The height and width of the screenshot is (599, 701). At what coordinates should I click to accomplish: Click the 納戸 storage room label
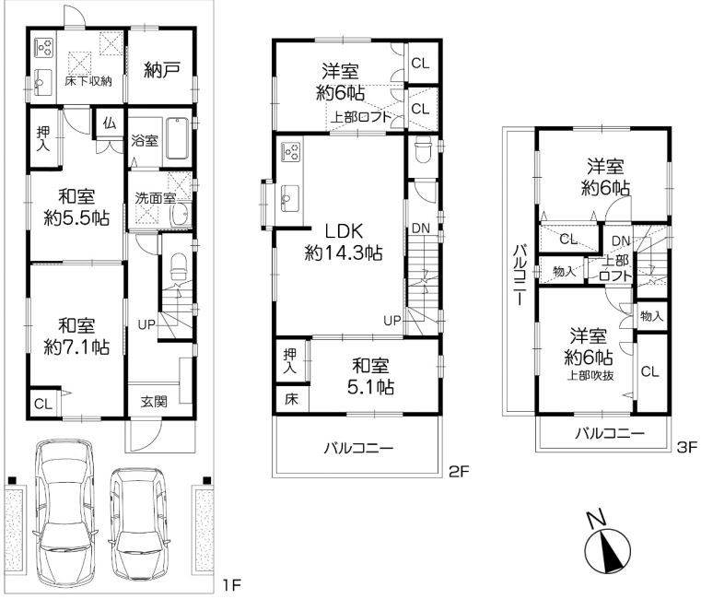click(x=162, y=70)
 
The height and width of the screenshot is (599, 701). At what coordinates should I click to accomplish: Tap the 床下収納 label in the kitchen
click(x=88, y=81)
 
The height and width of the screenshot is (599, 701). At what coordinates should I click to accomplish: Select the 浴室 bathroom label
click(x=145, y=140)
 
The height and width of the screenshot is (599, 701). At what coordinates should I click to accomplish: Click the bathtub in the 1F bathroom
click(x=178, y=138)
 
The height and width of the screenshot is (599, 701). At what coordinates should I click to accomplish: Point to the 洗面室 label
click(x=155, y=198)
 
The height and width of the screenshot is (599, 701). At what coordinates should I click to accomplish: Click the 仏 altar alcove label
click(x=110, y=123)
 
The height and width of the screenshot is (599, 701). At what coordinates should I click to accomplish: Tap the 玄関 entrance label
click(x=154, y=401)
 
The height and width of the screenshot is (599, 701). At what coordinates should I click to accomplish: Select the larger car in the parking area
click(x=64, y=513)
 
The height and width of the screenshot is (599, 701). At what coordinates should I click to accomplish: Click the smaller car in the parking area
click(x=139, y=523)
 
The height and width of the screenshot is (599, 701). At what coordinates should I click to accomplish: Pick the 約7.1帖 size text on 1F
click(x=76, y=347)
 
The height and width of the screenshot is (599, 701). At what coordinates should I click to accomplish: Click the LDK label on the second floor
click(x=344, y=231)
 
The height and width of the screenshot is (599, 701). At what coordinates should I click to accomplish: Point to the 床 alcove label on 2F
click(x=291, y=399)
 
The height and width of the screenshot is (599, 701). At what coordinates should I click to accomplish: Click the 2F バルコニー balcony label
click(x=359, y=447)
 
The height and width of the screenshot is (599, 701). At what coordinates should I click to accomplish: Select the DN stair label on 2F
click(x=421, y=229)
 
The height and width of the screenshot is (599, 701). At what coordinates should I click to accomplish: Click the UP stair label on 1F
click(x=146, y=324)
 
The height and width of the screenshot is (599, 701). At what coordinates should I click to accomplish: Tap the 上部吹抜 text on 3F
click(x=590, y=375)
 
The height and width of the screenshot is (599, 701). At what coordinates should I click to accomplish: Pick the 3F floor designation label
click(x=687, y=447)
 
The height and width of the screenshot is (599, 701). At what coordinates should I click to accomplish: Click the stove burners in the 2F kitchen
click(x=291, y=152)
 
